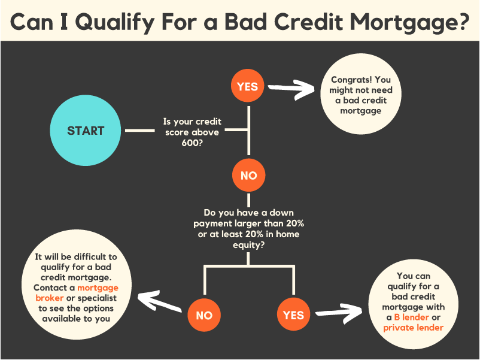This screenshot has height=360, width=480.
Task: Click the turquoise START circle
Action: click(x=86, y=131)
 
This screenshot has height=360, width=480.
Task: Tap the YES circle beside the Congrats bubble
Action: click(x=247, y=86)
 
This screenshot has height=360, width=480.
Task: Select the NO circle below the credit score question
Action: click(x=248, y=176)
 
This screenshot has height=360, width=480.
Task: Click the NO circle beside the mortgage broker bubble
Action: click(x=204, y=315)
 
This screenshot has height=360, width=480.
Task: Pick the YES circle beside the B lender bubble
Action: click(x=293, y=314)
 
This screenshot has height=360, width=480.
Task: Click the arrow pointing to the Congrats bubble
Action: click(x=291, y=89)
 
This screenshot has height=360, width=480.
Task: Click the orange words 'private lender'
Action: click(x=413, y=328)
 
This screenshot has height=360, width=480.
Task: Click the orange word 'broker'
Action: click(x=50, y=298)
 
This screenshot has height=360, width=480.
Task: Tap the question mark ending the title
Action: click(x=462, y=22)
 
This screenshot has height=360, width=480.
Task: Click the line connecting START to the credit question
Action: click(x=140, y=131)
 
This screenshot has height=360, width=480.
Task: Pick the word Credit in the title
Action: click(x=309, y=22)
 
